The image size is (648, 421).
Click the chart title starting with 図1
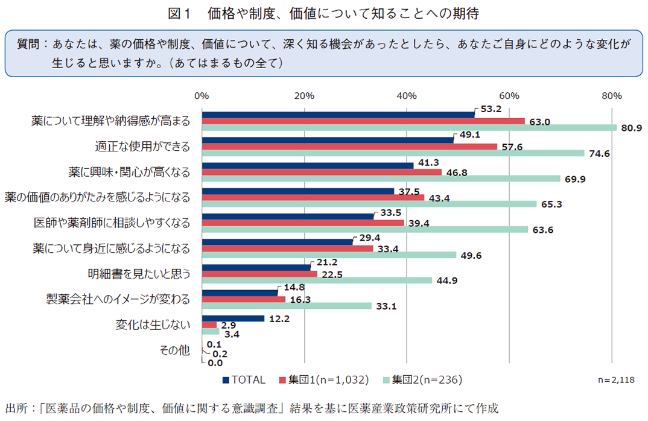pyautogui.click(x=324, y=11)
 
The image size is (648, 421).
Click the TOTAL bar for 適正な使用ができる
pyautogui.click(x=328, y=140)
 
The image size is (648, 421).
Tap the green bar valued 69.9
pyautogui.click(x=381, y=179)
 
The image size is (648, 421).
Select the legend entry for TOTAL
pyautogui.click(x=244, y=380)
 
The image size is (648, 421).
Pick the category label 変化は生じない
pyautogui.click(x=153, y=324)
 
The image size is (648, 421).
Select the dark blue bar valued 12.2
pyautogui.click(x=233, y=318)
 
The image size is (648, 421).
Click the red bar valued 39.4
pyautogui.click(x=303, y=223)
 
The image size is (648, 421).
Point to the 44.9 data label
pyautogui.click(x=445, y=280)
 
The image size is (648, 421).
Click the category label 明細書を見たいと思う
pyautogui.click(x=139, y=273)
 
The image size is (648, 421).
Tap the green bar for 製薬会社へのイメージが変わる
pyautogui.click(x=287, y=306)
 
